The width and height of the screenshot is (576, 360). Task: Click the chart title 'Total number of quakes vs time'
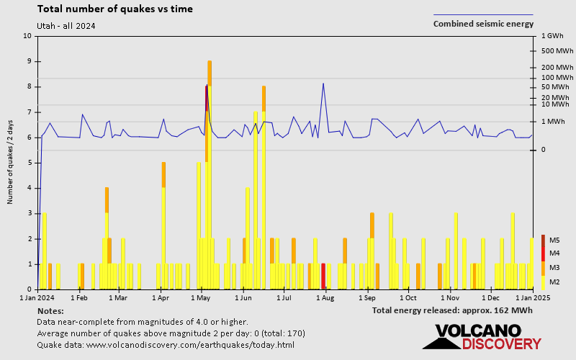point(114,9)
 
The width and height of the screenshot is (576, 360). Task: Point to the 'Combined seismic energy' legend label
point(483,24)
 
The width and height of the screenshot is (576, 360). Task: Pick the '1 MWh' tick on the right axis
point(553,121)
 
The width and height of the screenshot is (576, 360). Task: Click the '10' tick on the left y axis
point(27,36)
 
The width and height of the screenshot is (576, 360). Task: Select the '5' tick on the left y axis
point(30,163)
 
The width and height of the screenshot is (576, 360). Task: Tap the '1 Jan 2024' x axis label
point(37,297)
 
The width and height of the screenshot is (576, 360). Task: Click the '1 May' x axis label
point(201,297)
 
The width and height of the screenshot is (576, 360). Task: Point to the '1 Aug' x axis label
point(325,297)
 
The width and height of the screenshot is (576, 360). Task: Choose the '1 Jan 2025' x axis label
point(533,297)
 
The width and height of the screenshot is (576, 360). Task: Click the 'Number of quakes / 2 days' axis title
point(11,163)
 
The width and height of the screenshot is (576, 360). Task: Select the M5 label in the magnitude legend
point(554,240)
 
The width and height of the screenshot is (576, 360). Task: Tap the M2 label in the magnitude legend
point(554,282)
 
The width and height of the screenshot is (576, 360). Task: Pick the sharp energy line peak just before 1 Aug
point(323,84)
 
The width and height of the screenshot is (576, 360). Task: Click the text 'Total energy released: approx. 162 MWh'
point(452,310)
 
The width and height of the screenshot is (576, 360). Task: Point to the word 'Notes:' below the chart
point(50,310)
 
